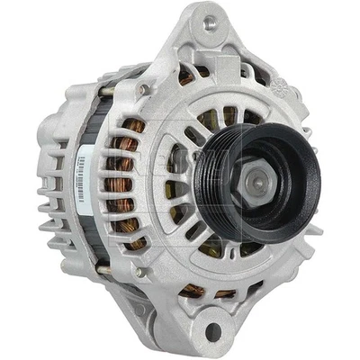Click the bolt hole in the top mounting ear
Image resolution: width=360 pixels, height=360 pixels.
[211, 22]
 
